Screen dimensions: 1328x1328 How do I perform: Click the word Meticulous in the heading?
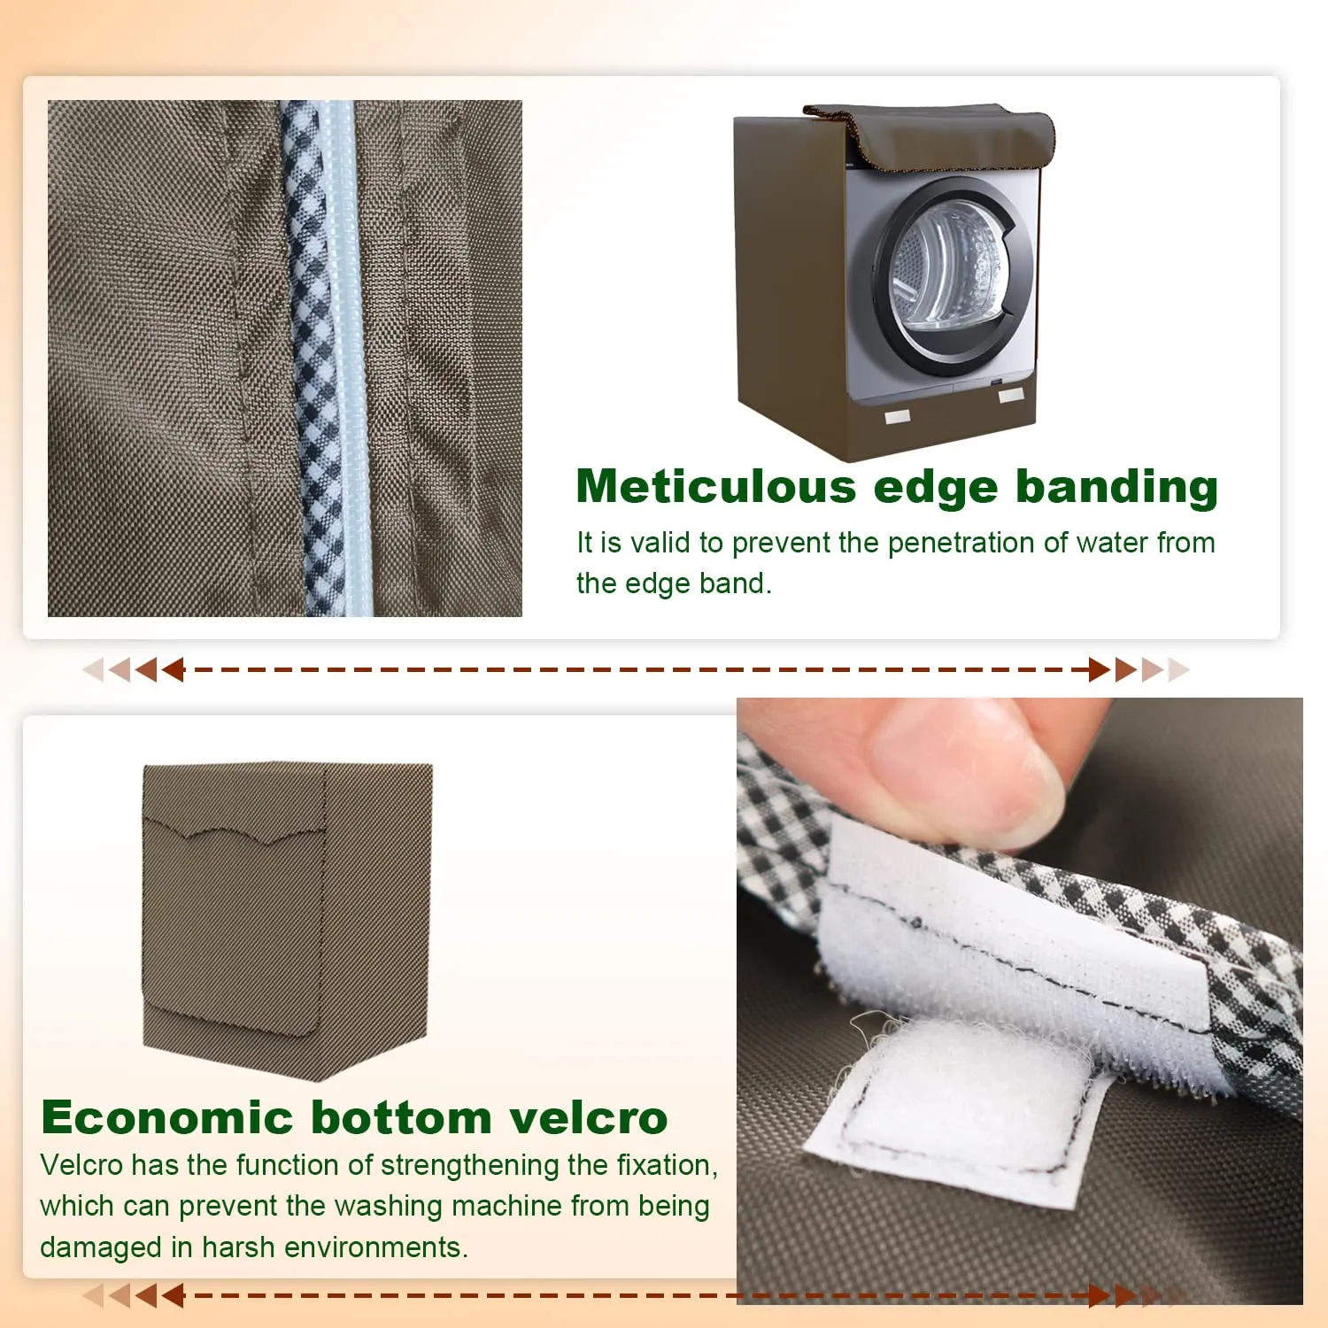717,487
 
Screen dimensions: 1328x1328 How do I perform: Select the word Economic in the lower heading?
166,1117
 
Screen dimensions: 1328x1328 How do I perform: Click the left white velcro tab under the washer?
898,416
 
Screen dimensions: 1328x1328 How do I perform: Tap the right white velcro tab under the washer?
1011,395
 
